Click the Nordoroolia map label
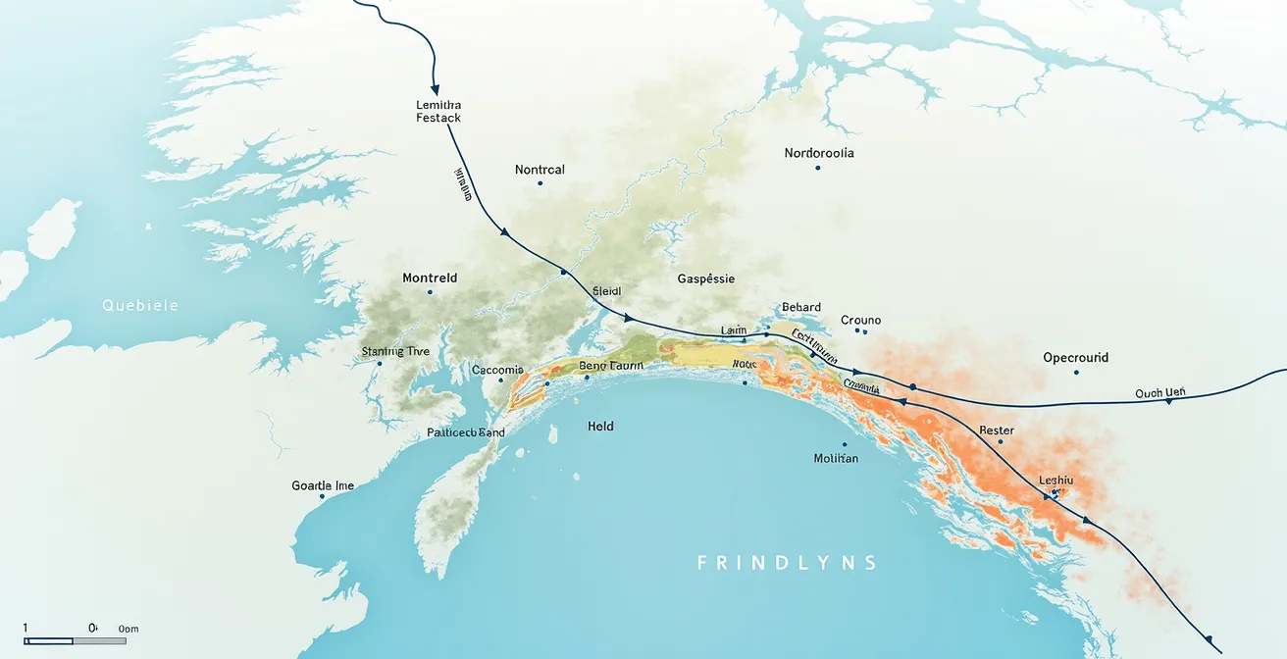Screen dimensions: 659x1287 819,153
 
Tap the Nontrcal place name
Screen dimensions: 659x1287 540,170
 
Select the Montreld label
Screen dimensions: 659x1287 430,279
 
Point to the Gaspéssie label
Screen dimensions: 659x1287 705,279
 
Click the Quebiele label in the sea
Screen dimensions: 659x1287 140,305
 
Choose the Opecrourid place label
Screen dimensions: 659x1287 1075,358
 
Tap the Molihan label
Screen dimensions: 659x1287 836,458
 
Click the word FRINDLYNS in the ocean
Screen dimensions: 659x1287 787,563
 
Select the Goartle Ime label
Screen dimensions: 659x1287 323,485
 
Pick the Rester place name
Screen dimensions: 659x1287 997,431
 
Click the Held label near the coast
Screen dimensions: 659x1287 600,426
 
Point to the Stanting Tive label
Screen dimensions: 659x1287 395,351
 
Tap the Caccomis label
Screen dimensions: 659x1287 497,370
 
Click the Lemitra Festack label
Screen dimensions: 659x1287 438,111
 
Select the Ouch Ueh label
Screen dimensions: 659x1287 1160,393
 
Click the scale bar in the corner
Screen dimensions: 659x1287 75,640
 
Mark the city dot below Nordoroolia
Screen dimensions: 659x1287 817,168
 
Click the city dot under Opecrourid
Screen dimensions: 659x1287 1076,373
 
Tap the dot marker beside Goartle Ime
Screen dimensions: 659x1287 322,497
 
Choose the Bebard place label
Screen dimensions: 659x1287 801,307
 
